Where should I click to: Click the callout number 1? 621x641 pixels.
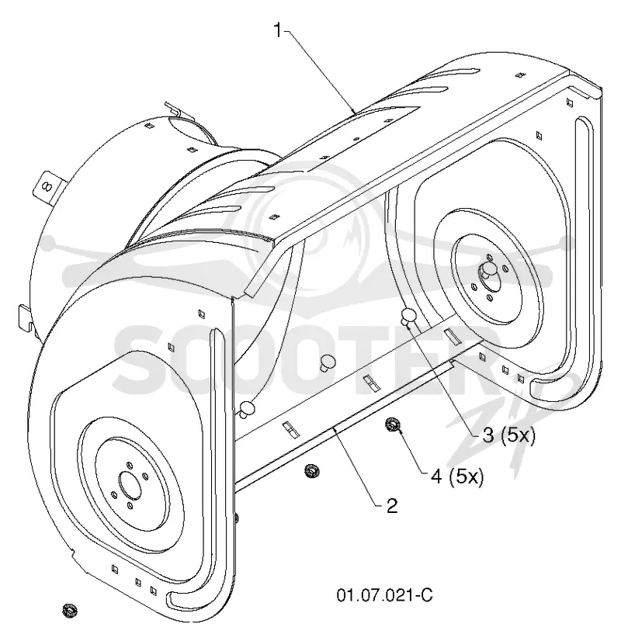click(278, 31)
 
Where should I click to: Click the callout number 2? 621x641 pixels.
click(392, 506)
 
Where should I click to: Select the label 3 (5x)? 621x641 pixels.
click(508, 436)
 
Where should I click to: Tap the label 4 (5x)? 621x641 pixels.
click(457, 476)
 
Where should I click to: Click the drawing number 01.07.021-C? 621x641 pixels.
click(384, 594)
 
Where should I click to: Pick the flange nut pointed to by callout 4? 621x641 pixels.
click(393, 424)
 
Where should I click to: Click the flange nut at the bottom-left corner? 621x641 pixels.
click(70, 611)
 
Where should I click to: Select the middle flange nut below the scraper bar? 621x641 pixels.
click(312, 471)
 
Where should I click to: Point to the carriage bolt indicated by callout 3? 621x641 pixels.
click(408, 316)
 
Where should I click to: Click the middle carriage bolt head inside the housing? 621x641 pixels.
click(328, 362)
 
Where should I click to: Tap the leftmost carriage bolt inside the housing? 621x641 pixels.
click(248, 408)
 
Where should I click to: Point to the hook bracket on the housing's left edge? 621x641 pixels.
click(26, 317)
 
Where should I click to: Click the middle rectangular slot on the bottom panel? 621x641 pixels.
click(372, 383)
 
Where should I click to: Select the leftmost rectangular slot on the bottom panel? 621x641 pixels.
click(290, 430)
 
